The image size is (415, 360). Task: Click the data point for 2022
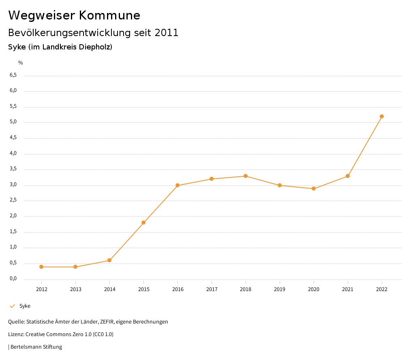click(382, 116)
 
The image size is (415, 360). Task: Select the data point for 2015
click(143, 223)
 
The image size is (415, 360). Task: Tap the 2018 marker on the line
click(246, 176)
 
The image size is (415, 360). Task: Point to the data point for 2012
click(41, 267)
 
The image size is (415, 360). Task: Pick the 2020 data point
click(314, 189)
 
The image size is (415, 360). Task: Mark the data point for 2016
click(178, 185)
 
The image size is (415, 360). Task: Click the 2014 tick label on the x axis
click(109, 289)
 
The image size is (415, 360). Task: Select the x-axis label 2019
click(280, 289)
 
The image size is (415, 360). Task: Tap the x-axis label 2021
click(348, 289)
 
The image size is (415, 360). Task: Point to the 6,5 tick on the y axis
click(13, 75)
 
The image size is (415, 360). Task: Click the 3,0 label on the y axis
click(13, 185)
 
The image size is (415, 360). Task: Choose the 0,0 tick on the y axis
click(13, 279)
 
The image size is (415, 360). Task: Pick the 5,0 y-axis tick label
click(13, 122)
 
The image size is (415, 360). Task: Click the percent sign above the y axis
click(21, 63)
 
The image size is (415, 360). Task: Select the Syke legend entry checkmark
click(12, 306)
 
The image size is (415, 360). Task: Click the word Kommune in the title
click(109, 15)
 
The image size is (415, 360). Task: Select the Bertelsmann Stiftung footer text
click(36, 347)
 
